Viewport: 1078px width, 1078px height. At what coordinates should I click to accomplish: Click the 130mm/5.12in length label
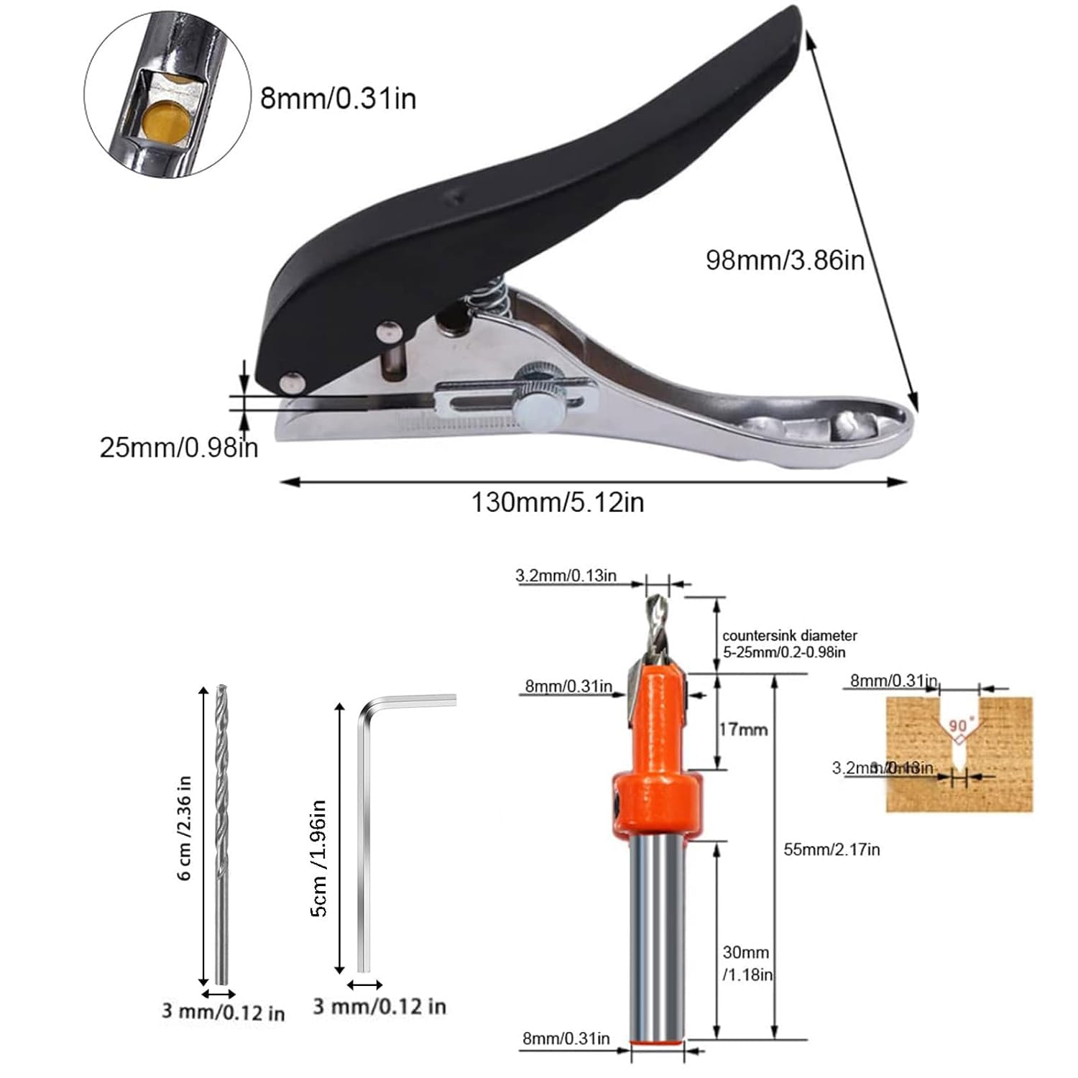(557, 502)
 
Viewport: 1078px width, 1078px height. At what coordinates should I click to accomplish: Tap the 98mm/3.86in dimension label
(785, 259)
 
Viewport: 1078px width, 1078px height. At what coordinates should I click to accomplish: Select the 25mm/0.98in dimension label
(178, 448)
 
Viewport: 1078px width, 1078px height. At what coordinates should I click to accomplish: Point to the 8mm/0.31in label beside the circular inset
(338, 98)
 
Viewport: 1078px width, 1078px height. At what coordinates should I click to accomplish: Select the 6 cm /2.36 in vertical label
(185, 828)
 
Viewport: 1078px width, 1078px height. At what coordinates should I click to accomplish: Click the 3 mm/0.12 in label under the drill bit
(223, 1013)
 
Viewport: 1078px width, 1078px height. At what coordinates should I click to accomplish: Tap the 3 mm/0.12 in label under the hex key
(379, 1006)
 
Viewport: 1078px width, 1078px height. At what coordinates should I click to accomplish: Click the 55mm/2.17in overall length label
(831, 849)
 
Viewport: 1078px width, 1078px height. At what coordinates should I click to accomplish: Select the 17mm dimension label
(744, 729)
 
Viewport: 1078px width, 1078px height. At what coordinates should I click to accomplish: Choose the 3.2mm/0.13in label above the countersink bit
(566, 576)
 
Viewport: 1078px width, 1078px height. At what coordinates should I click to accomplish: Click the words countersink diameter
(790, 635)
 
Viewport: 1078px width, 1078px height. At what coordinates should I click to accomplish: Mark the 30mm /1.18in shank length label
(747, 963)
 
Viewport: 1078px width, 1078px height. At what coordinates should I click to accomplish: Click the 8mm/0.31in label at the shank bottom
(566, 1038)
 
